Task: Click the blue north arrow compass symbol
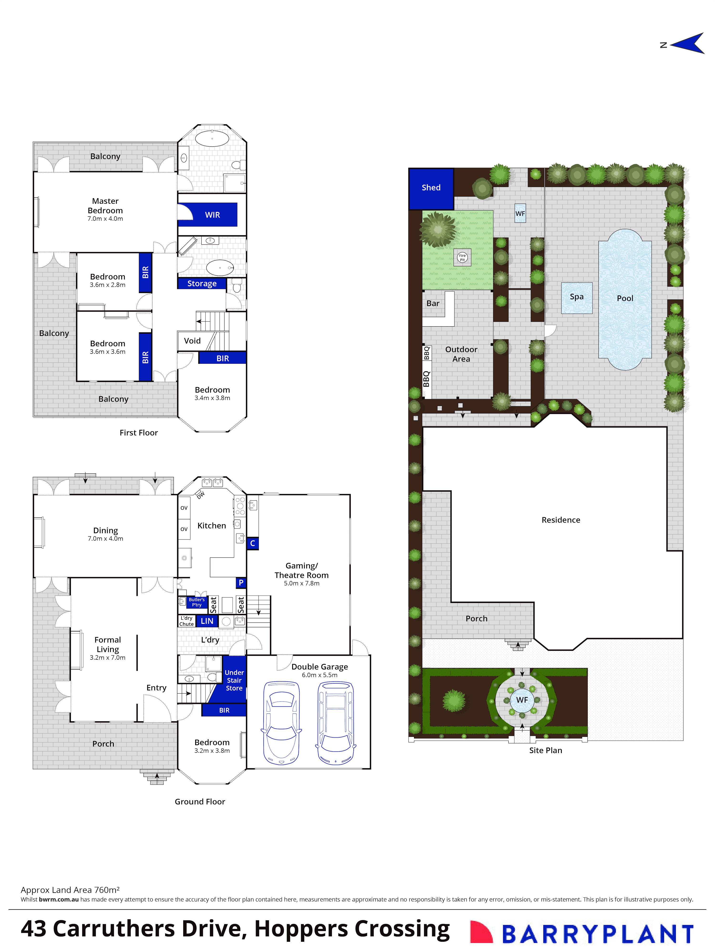pyautogui.click(x=689, y=43)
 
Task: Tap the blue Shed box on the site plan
pyautogui.click(x=431, y=188)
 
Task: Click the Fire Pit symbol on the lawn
pyautogui.click(x=462, y=257)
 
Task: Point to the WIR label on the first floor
pyautogui.click(x=212, y=215)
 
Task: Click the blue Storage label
pyautogui.click(x=202, y=284)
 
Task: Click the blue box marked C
pyautogui.click(x=253, y=543)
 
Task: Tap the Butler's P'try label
pyautogui.click(x=197, y=602)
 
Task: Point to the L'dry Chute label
pyautogui.click(x=186, y=621)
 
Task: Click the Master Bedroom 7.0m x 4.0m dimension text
pyautogui.click(x=105, y=219)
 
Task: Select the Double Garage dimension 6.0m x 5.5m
pyautogui.click(x=319, y=675)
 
